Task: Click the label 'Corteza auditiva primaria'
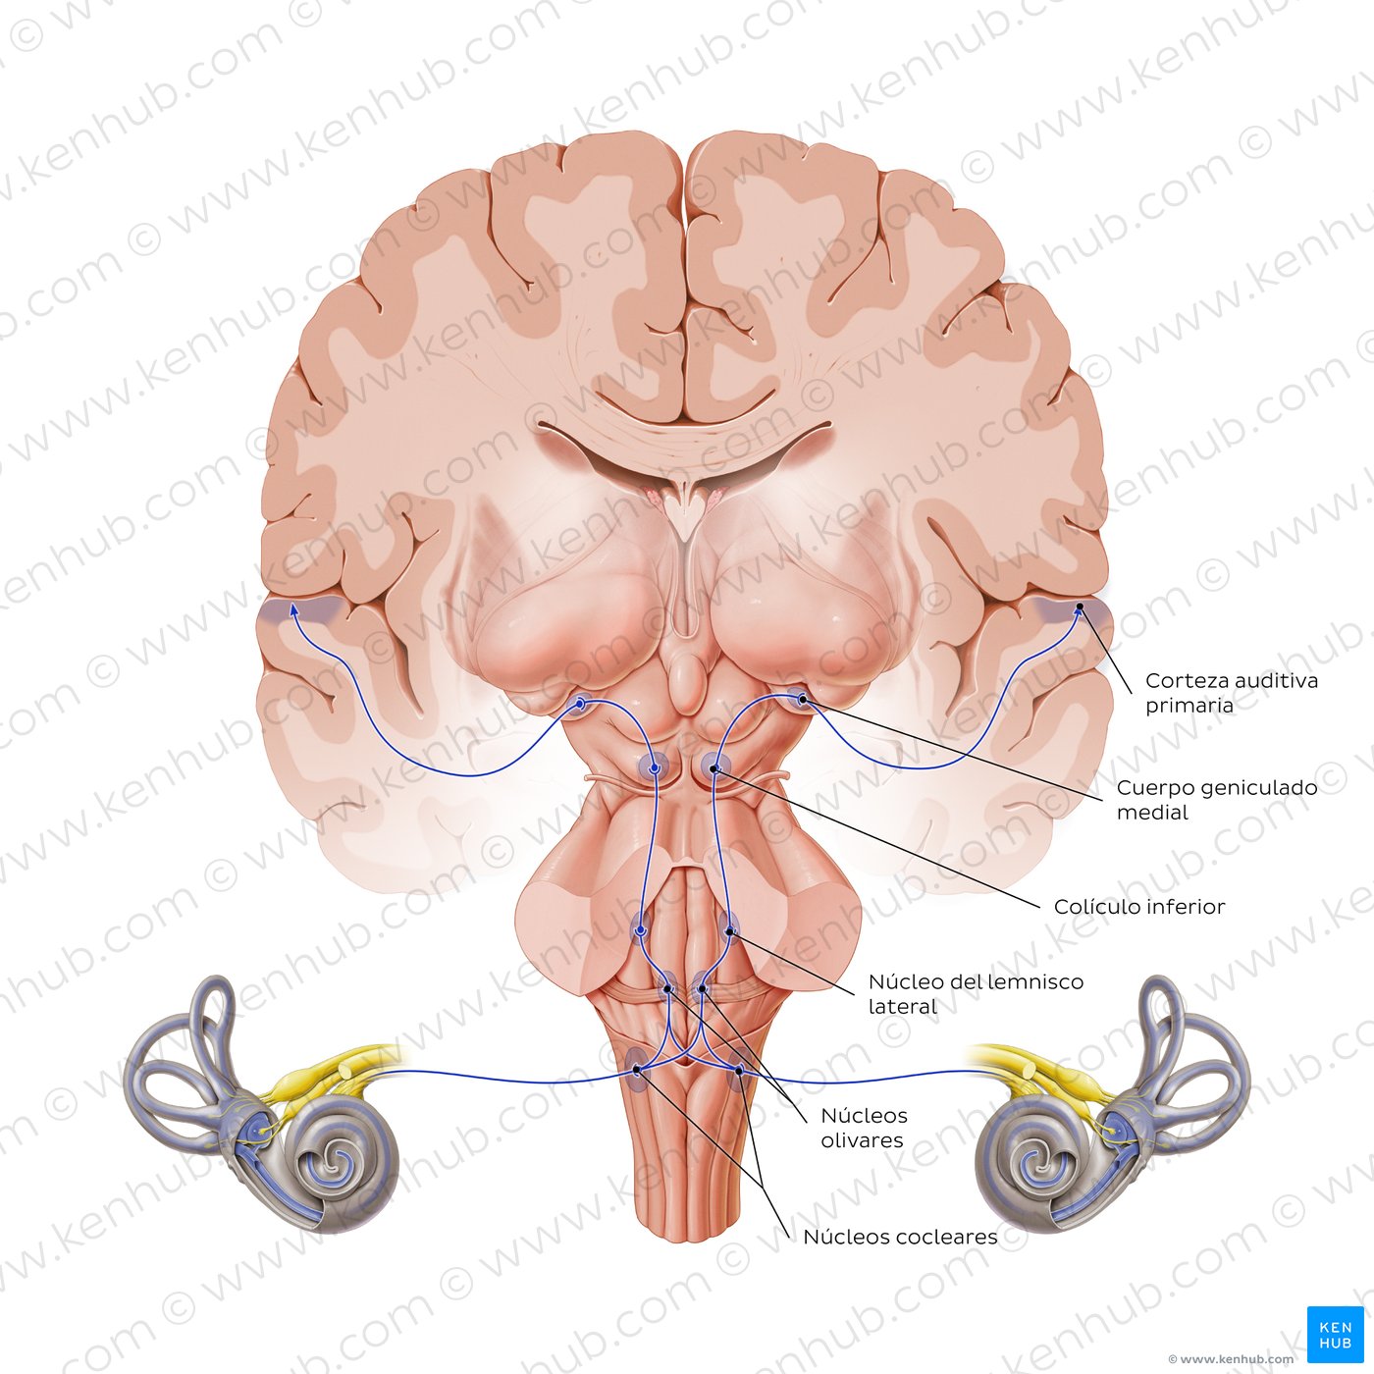point(1232,692)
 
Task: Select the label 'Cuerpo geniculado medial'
point(1216,799)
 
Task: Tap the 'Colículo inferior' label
point(1139,906)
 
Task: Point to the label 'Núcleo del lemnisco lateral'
point(976,994)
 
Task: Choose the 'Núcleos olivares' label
point(864,1128)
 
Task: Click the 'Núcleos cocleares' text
point(900,1237)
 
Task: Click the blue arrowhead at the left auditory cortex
point(293,608)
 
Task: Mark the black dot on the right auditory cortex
point(1079,607)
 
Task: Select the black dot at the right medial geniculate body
point(802,700)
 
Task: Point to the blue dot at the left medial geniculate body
point(580,704)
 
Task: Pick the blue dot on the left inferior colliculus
point(654,768)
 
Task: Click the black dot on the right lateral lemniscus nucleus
point(729,931)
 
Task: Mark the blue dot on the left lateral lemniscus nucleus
point(640,930)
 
